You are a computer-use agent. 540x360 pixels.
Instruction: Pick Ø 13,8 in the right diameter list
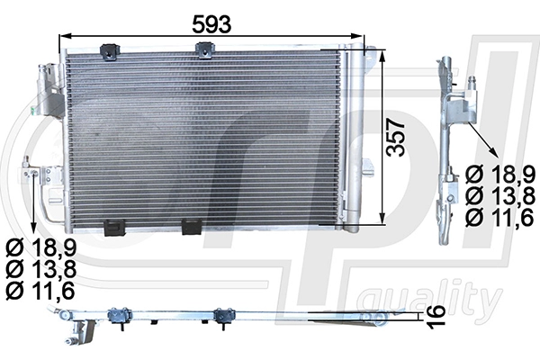[502, 195]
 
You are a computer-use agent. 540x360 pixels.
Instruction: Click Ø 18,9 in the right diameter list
[502, 175]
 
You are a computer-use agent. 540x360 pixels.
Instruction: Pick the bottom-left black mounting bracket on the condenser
[114, 228]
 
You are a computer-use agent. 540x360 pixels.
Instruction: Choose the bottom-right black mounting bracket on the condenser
[191, 228]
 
